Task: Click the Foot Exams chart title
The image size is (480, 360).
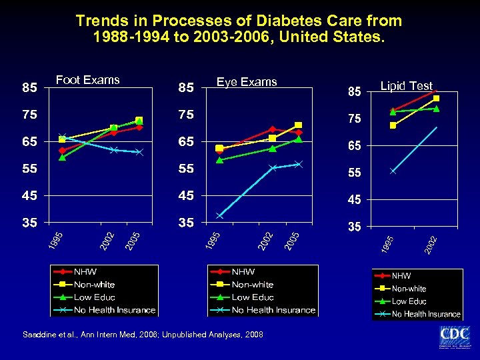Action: point(87,80)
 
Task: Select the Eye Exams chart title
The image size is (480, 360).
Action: point(247,82)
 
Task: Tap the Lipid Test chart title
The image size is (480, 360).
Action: point(406,86)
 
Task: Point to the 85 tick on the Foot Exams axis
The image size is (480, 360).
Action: point(29,87)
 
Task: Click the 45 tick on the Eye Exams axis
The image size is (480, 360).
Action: point(186,196)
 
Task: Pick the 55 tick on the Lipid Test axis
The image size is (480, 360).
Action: point(353,173)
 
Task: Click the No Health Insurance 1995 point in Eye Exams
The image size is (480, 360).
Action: point(219,215)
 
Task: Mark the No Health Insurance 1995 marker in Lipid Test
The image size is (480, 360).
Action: point(393,171)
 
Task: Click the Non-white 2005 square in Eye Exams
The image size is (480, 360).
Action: point(298,125)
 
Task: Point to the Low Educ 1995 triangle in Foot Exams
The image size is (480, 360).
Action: point(62,158)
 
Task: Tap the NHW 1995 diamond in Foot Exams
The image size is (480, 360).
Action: point(62,151)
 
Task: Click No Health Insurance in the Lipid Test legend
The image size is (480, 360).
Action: point(425,314)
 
